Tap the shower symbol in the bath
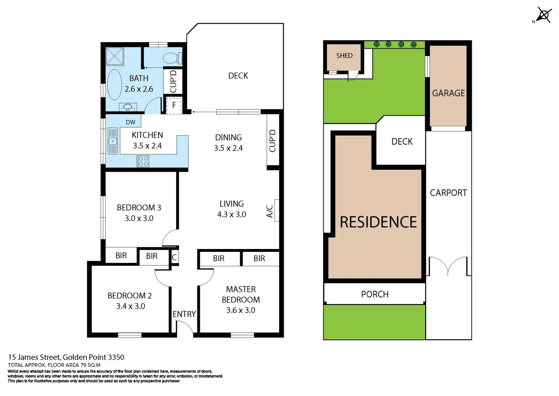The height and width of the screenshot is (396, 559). click(x=115, y=56)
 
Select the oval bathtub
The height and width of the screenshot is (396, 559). click(x=114, y=84)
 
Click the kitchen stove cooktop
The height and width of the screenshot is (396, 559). click(x=143, y=161)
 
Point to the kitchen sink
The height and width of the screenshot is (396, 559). click(x=113, y=141)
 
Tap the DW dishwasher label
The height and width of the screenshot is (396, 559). click(x=130, y=122)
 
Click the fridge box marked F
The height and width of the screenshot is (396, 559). click(x=174, y=105)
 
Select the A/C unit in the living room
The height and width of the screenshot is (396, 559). click(x=277, y=210)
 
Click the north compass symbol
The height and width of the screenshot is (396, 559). click(x=544, y=15)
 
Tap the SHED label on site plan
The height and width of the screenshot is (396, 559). click(x=344, y=56)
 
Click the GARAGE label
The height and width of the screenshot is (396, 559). click(x=448, y=93)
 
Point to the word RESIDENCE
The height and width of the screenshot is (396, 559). click(x=378, y=222)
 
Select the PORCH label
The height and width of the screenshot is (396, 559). click(x=374, y=294)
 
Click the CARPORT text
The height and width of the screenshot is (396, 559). click(x=448, y=193)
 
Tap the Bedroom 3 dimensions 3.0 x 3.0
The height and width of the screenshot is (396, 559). click(x=139, y=218)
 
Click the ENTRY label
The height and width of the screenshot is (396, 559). click(x=184, y=314)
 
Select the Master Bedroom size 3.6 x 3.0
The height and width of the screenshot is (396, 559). click(x=241, y=310)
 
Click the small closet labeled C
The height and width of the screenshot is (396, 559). click(x=174, y=257)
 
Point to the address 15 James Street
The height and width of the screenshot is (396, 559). click(x=34, y=357)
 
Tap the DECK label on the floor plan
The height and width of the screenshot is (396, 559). click(x=238, y=76)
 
